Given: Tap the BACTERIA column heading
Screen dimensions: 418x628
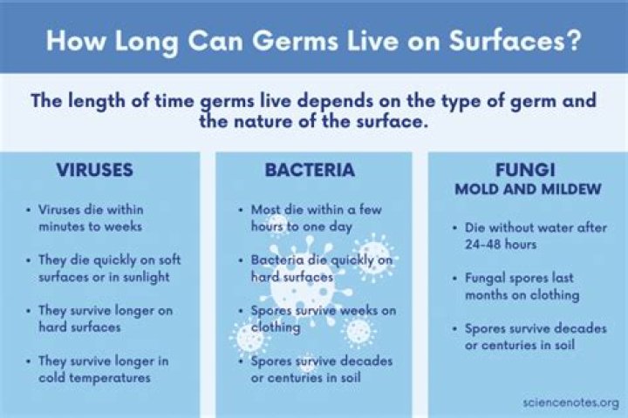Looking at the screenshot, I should click(x=310, y=170).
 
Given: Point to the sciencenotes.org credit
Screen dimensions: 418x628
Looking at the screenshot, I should click(x=570, y=401).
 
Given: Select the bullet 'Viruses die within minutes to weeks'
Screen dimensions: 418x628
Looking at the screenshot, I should click(x=91, y=218).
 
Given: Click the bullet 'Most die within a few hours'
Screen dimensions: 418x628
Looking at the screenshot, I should click(x=316, y=218).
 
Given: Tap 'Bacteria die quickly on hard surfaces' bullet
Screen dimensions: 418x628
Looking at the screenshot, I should click(x=321, y=268).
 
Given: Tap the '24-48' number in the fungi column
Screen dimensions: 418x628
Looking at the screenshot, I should click(x=485, y=245).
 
